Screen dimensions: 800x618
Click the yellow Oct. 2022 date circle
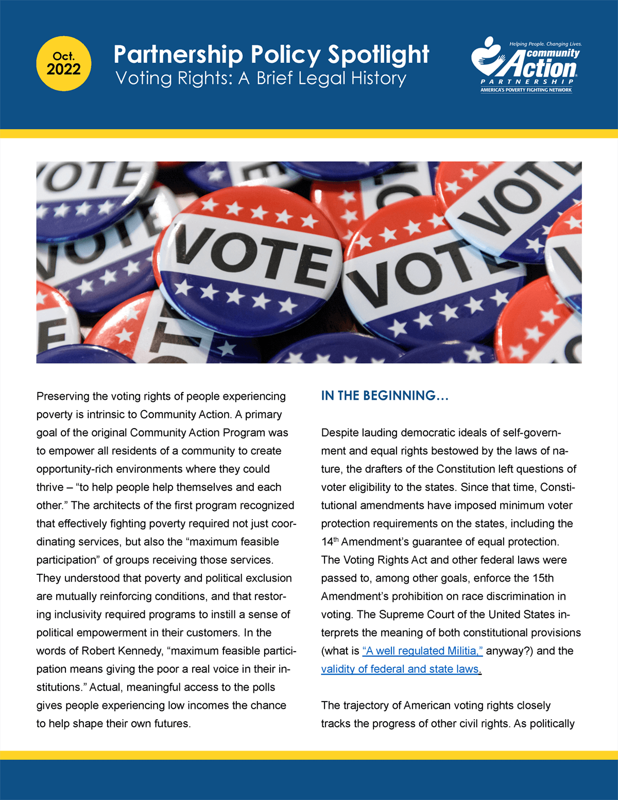pyautogui.click(x=63, y=64)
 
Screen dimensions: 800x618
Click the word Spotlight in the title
pyautogui.click(x=378, y=55)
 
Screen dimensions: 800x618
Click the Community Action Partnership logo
pyautogui.click(x=526, y=65)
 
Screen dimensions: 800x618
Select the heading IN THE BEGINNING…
pyautogui.click(x=385, y=396)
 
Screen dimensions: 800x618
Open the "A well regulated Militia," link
pyautogui.click(x=422, y=651)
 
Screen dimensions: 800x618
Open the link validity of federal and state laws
pyautogui.click(x=400, y=669)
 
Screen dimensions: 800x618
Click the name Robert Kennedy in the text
pyautogui.click(x=113, y=651)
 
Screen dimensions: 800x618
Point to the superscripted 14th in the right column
pyautogui.click(x=330, y=541)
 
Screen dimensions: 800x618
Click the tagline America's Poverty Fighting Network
pyautogui.click(x=526, y=90)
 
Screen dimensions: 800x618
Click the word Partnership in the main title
pyautogui.click(x=178, y=55)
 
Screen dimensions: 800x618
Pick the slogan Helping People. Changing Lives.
pyautogui.click(x=545, y=44)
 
